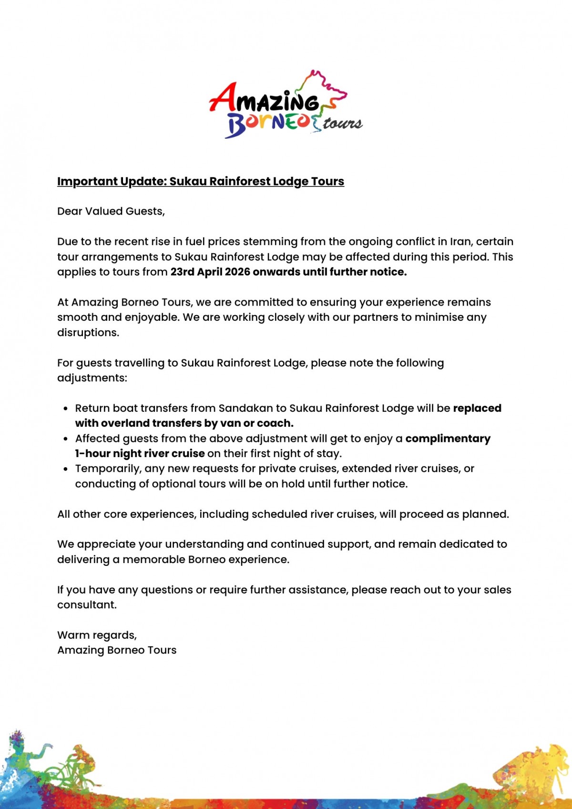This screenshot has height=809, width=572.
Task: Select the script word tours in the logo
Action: [343, 123]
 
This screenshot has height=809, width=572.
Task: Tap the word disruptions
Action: [88, 333]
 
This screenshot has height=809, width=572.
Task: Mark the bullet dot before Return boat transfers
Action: [66, 409]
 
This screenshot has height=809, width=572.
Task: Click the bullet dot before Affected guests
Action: [66, 439]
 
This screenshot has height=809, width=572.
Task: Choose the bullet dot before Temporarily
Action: [66, 469]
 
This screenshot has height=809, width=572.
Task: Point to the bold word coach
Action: [275, 423]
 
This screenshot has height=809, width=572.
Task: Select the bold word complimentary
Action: [448, 439]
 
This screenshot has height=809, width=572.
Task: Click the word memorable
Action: [154, 560]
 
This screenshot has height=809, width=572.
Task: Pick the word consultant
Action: [86, 605]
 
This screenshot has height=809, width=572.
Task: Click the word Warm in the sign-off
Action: [72, 635]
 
